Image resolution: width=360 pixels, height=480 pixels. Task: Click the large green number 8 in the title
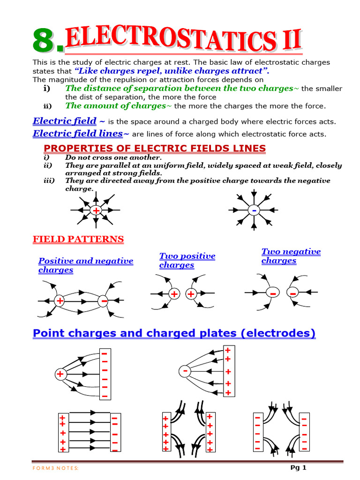(46, 41)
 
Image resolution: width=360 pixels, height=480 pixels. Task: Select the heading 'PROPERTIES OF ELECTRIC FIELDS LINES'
(151, 149)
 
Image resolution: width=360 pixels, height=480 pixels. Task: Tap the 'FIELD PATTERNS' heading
(78, 240)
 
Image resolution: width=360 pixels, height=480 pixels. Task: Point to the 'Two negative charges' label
(291, 256)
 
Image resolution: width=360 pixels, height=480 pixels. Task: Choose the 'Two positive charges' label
(187, 261)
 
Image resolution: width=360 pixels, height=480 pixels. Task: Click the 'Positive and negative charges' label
(85, 265)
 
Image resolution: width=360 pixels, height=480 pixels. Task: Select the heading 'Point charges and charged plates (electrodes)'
(174, 333)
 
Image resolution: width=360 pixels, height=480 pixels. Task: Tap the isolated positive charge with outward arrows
(96, 211)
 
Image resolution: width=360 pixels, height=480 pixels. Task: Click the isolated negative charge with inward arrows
(254, 211)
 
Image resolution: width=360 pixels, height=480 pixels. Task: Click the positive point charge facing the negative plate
(60, 374)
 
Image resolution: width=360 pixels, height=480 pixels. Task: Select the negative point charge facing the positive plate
(186, 372)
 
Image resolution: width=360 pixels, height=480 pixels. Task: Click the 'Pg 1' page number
(299, 467)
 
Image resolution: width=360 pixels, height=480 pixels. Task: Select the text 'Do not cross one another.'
(113, 158)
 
